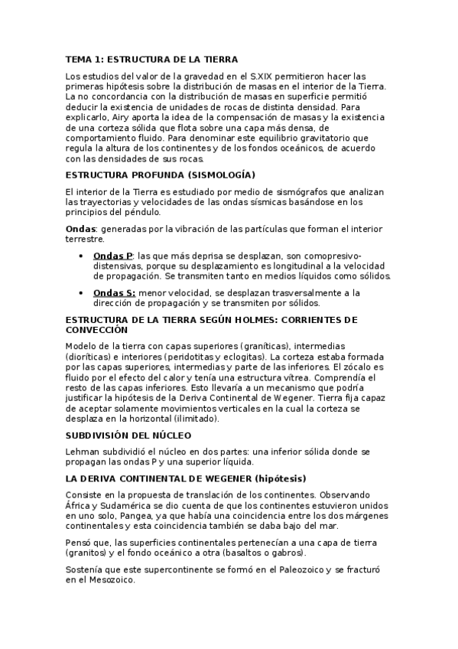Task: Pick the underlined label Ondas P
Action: click(x=113, y=255)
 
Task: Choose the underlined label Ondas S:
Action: click(x=115, y=293)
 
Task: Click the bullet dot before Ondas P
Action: click(x=81, y=255)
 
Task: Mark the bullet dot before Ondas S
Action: click(x=81, y=293)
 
